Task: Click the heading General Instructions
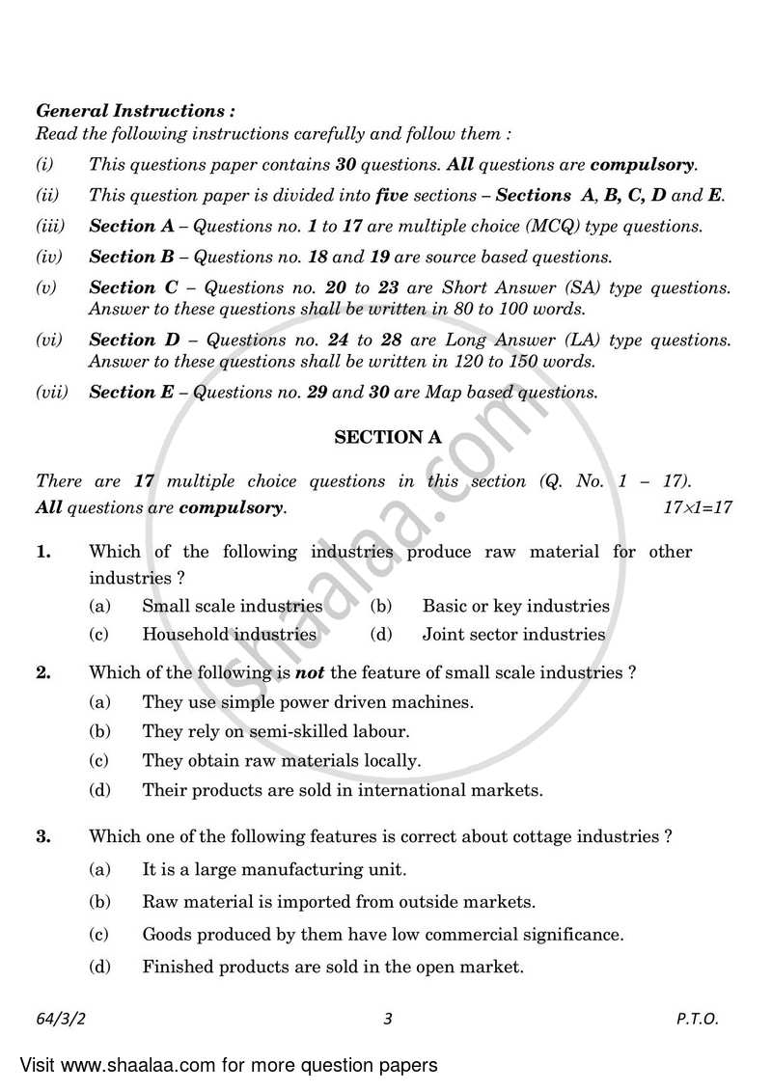coord(135,111)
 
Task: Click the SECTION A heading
coord(388,437)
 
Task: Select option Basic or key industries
coord(515,606)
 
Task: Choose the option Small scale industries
coord(232,606)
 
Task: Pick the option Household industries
coord(229,634)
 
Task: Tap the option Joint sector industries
coord(513,634)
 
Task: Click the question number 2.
coord(42,672)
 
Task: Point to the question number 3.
coord(42,837)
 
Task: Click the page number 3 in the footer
coord(387,1019)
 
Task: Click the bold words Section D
coord(123,340)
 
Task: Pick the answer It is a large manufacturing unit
coord(274,869)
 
